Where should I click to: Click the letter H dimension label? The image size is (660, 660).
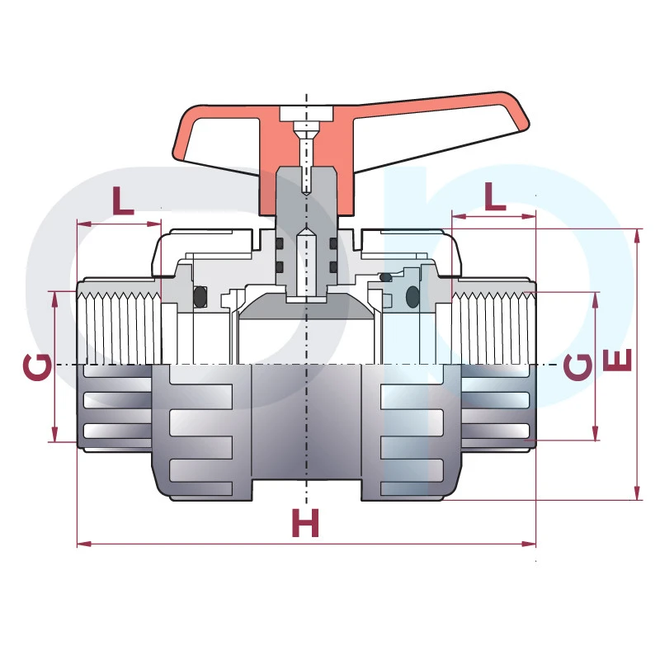click(x=305, y=522)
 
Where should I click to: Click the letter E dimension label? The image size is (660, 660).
click(x=618, y=361)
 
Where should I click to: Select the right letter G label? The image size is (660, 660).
click(x=577, y=366)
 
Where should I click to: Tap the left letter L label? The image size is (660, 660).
click(x=122, y=200)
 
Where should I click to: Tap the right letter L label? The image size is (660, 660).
click(x=495, y=196)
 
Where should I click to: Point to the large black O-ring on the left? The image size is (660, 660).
click(x=200, y=297)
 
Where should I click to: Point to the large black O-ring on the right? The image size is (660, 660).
click(x=413, y=297)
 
